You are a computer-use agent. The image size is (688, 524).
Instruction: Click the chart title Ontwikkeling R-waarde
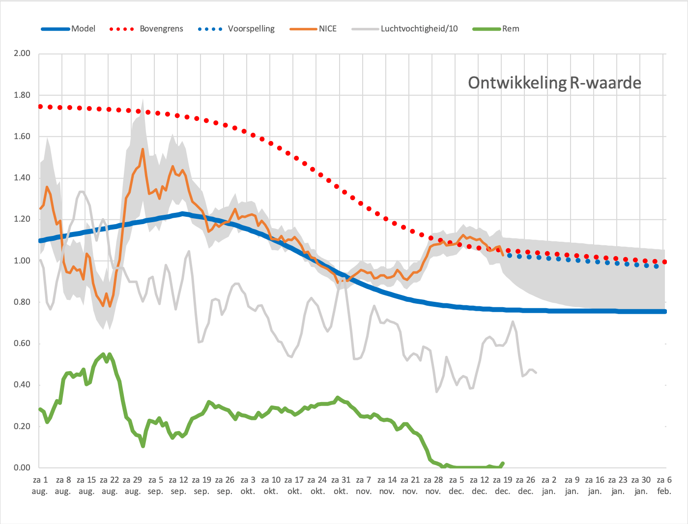(554, 83)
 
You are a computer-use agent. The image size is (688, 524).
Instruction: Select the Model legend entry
(68, 29)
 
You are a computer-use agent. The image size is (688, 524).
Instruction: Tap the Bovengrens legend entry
(146, 29)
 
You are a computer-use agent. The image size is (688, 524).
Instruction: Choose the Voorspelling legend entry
(236, 29)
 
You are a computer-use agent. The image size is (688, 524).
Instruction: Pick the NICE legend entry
(313, 29)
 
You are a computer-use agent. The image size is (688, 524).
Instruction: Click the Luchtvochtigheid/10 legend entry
(404, 29)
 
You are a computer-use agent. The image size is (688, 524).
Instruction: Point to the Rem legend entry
(496, 29)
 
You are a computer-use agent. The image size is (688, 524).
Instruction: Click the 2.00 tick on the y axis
(22, 53)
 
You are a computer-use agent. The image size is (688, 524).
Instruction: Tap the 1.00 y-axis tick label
(22, 261)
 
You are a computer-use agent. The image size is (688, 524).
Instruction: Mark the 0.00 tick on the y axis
(22, 467)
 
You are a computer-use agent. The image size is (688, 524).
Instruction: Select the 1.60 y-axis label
(22, 136)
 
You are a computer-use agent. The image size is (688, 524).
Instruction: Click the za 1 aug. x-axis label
(40, 486)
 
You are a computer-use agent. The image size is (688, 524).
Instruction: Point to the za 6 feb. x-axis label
(664, 486)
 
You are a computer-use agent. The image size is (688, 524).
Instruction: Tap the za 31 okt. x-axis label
(341, 486)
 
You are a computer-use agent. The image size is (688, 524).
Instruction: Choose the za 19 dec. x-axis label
(502, 486)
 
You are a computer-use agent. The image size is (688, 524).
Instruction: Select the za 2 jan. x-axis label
(549, 486)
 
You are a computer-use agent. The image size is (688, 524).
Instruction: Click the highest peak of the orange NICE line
(143, 149)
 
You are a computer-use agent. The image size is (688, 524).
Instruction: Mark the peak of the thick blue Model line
(182, 214)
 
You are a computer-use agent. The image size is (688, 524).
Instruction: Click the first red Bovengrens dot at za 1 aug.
(40, 107)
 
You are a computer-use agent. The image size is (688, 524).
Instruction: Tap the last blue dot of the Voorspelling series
(657, 266)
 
